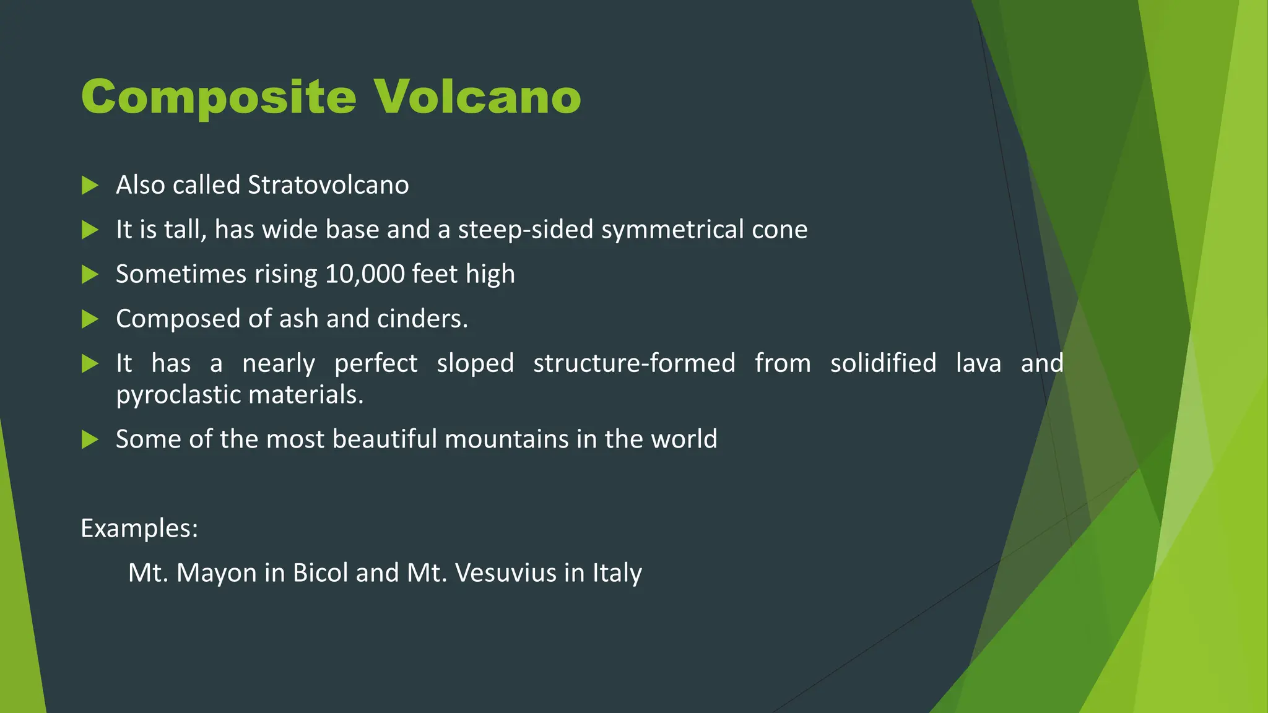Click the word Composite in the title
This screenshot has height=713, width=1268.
coord(219,98)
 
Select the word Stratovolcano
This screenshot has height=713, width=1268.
coord(328,185)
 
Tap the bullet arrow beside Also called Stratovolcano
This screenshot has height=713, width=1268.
coord(90,185)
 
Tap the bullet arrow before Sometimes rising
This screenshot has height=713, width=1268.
coord(90,274)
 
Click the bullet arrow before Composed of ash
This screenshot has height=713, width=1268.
coord(90,319)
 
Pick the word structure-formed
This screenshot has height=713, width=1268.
coord(634,363)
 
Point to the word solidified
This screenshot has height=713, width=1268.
coord(883,363)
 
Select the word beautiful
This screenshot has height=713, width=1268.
coord(384,439)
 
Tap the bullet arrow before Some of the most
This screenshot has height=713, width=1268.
coord(90,439)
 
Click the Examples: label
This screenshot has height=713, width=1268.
coord(139,529)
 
